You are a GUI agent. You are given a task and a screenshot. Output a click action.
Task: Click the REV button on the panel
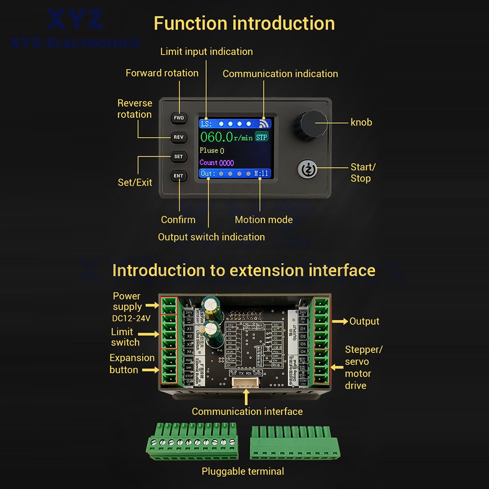178,137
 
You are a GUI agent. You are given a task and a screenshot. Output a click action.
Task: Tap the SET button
178,156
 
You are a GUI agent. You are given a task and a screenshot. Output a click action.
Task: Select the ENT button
178,176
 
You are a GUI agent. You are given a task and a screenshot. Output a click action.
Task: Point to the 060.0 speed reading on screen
217,137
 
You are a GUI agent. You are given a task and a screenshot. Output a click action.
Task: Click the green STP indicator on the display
262,137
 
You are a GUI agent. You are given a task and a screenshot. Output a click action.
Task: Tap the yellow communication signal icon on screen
265,124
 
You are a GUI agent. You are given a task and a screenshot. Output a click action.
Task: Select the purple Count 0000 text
217,162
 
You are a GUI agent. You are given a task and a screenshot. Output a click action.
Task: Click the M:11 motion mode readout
262,174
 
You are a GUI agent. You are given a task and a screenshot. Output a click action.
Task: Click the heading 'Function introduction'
244,23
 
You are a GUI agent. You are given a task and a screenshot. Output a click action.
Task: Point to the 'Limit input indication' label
206,51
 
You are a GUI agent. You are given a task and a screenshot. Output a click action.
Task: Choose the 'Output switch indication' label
211,237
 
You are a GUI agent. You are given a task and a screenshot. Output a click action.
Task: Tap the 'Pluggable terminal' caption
243,471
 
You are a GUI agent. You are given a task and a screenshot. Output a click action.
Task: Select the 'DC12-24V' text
131,318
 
